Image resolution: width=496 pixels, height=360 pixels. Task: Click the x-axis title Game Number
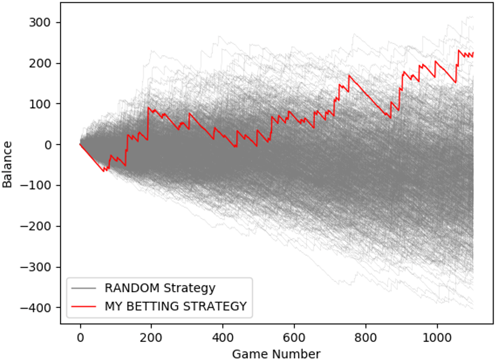click(x=276, y=353)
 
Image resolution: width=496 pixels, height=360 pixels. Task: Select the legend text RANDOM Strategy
click(x=160, y=287)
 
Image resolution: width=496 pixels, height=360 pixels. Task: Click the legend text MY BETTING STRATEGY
click(x=176, y=307)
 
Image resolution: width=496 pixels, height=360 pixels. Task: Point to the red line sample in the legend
click(x=84, y=307)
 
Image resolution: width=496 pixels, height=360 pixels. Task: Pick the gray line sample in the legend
click(x=84, y=287)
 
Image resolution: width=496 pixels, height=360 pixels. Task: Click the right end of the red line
click(x=473, y=53)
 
